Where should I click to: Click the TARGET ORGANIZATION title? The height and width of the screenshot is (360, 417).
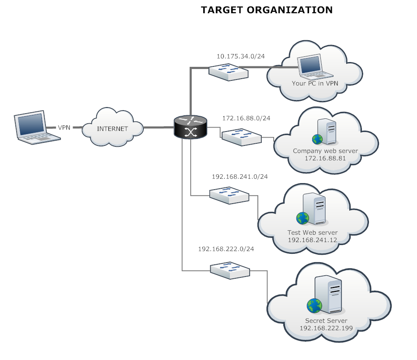tap(267, 10)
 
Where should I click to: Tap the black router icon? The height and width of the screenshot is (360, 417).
tap(191, 127)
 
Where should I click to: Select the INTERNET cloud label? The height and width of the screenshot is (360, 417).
tap(112, 128)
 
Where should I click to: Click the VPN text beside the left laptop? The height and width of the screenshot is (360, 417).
tap(64, 128)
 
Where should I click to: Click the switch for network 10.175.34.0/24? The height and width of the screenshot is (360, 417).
tap(228, 71)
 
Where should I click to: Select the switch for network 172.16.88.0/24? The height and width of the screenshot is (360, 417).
tap(241, 136)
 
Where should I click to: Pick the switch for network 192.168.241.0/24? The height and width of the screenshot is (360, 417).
tap(229, 195)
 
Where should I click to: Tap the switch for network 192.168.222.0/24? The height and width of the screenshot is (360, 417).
tap(229, 270)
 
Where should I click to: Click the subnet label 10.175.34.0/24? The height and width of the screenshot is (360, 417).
tap(241, 56)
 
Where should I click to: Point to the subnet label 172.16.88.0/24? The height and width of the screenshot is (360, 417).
tap(246, 118)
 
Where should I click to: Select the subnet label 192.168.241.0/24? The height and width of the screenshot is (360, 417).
tap(240, 177)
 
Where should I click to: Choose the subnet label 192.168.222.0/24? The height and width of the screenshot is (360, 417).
tap(226, 249)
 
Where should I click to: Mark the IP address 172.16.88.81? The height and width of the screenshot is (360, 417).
tap(325, 158)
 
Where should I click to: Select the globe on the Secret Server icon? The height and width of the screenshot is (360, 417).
tap(314, 305)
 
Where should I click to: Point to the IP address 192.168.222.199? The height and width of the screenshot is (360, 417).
tap(326, 328)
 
